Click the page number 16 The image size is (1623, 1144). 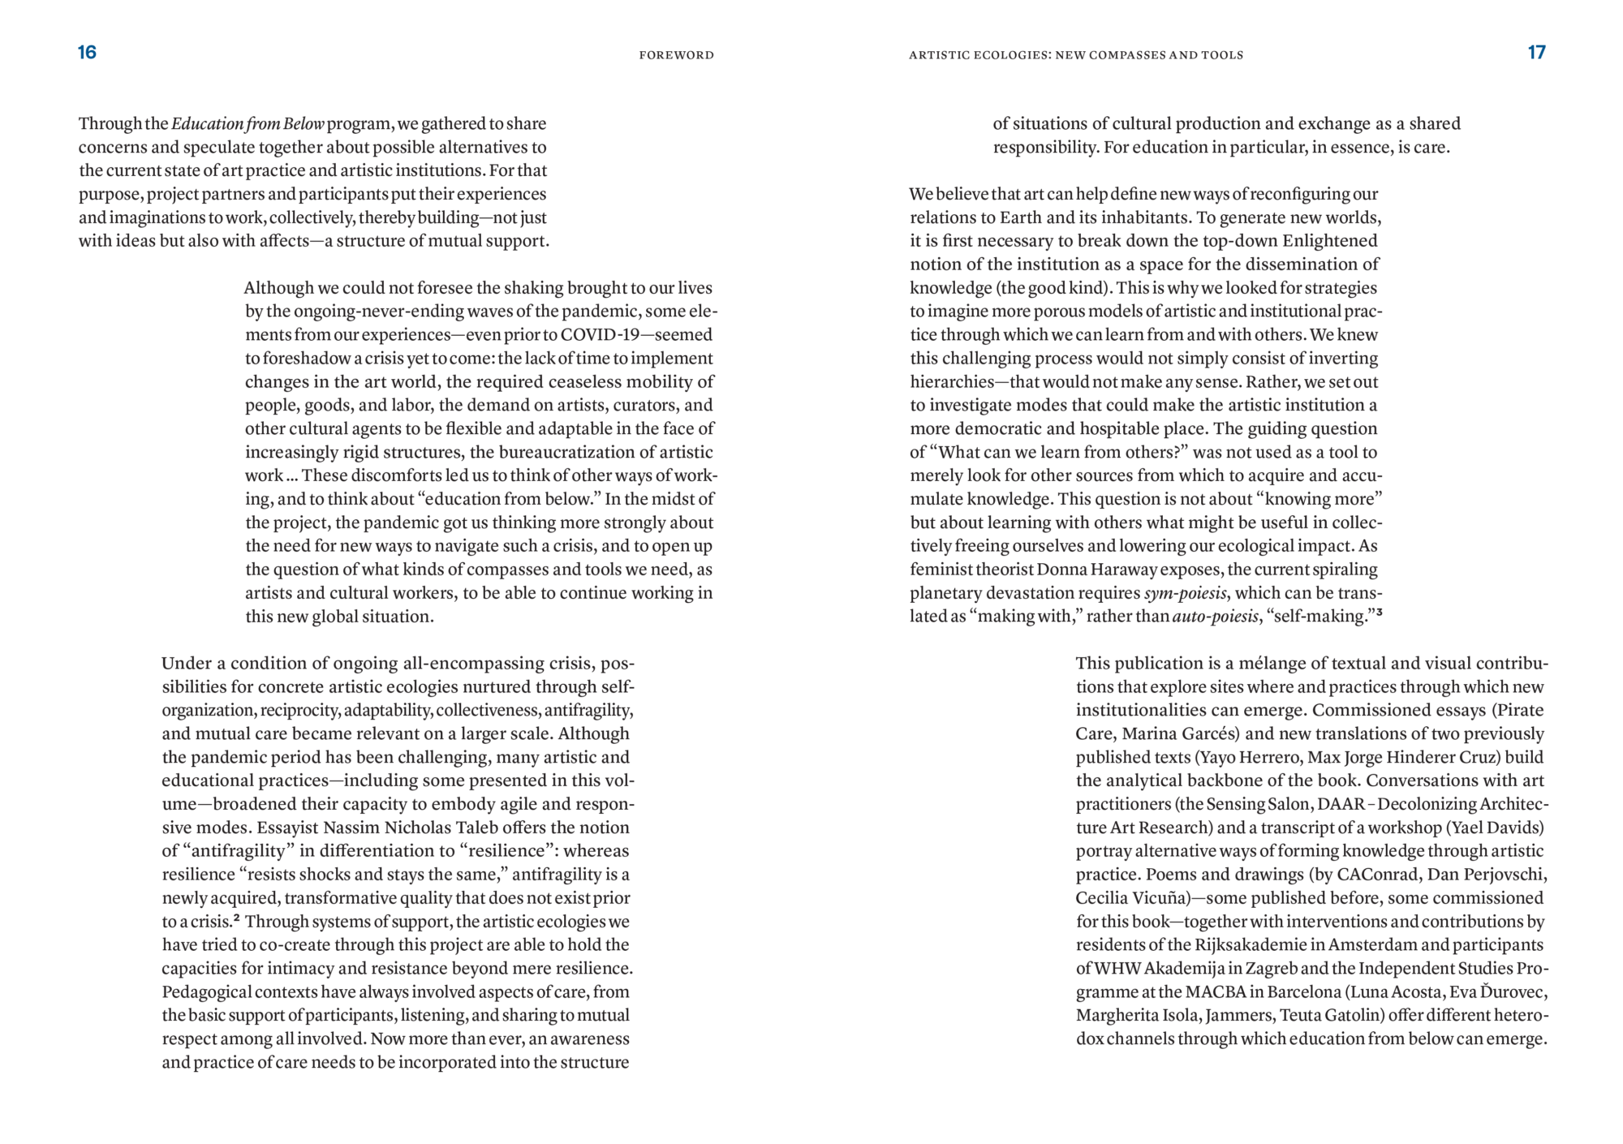point(87,53)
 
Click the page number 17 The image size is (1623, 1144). point(1536,53)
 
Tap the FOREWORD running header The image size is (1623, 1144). point(676,55)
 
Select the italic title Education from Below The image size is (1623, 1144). point(248,124)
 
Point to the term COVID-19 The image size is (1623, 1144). point(600,335)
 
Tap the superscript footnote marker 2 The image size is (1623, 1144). point(236,918)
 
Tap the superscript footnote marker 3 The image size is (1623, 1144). point(1379,613)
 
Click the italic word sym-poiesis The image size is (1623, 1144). point(1186,593)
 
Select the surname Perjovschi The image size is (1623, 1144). point(1505,875)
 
